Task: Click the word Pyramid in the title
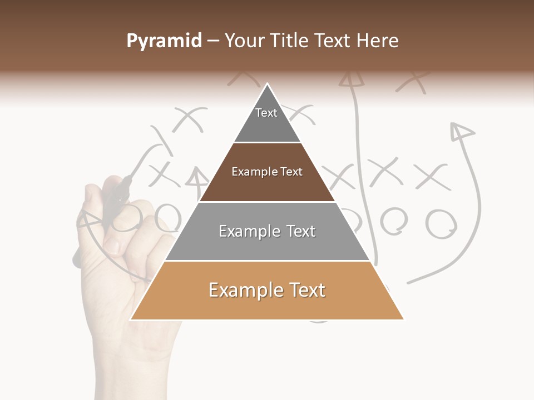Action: (x=164, y=41)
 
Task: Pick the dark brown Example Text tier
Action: (x=267, y=172)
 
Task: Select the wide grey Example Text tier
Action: (x=267, y=231)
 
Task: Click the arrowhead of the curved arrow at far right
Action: (x=461, y=131)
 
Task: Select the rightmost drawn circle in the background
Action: (x=441, y=223)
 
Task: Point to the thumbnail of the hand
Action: (x=113, y=244)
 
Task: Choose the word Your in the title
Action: (x=243, y=41)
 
